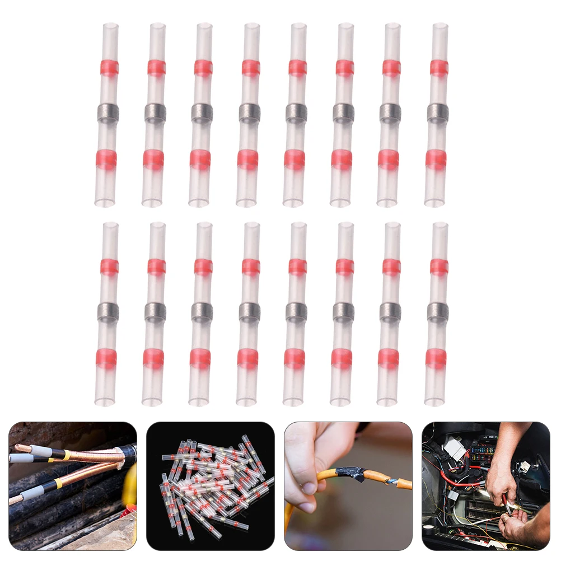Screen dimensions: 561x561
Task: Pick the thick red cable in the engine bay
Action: click(x=459, y=481)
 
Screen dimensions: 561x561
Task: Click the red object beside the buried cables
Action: click(x=130, y=509)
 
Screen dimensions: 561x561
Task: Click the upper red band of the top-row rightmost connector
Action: click(x=439, y=68)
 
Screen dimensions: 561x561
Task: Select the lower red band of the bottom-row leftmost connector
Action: click(x=106, y=359)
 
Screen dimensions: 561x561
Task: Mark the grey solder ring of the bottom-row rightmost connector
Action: click(x=438, y=312)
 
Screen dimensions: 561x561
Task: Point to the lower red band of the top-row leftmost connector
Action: click(x=106, y=160)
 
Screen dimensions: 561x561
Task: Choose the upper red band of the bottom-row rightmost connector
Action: click(x=439, y=267)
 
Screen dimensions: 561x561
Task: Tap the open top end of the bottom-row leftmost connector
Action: click(x=110, y=225)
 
